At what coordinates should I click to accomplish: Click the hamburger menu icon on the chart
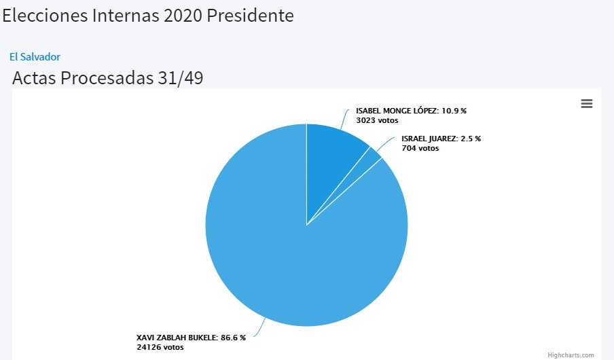pyautogui.click(x=587, y=103)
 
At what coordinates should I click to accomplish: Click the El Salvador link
pyautogui.click(x=35, y=57)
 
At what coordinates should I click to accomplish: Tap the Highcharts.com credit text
pyautogui.click(x=571, y=355)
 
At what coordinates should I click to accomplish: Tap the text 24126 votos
pyautogui.click(x=160, y=347)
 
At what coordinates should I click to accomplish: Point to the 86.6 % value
pyautogui.click(x=233, y=338)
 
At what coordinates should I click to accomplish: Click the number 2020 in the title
pyautogui.click(x=183, y=15)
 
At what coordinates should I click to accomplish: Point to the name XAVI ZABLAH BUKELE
pyautogui.click(x=177, y=338)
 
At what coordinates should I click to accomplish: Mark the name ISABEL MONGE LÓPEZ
pyautogui.click(x=397, y=110)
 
